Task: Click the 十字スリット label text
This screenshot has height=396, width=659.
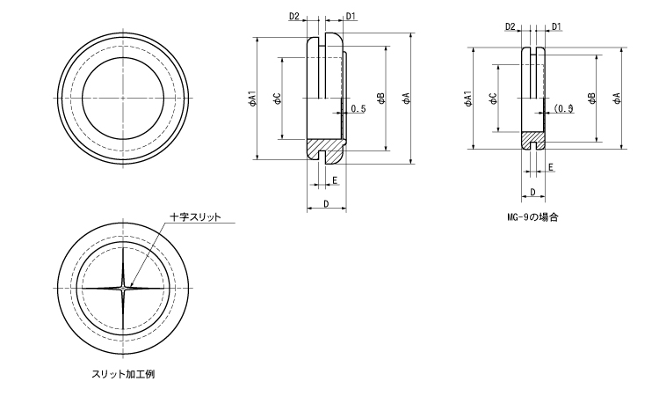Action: click(195, 217)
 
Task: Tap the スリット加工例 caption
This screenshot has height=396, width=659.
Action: click(123, 374)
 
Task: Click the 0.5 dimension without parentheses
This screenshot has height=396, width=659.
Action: click(358, 109)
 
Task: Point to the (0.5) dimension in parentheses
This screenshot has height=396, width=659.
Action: click(563, 108)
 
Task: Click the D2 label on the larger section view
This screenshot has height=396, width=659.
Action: click(294, 16)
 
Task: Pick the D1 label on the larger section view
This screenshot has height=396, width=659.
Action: click(351, 16)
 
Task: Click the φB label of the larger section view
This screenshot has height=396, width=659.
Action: click(380, 99)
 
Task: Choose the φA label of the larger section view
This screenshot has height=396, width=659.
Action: click(406, 99)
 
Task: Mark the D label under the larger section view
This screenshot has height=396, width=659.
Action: click(326, 204)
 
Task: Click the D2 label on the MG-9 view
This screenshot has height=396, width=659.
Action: click(511, 26)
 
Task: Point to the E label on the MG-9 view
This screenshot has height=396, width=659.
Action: click(551, 166)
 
